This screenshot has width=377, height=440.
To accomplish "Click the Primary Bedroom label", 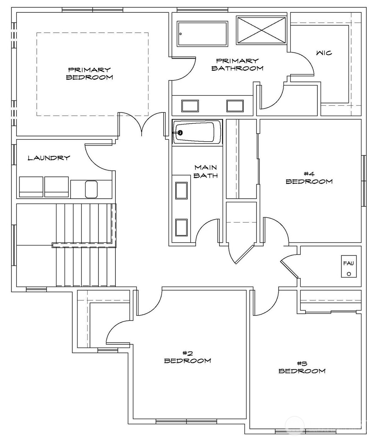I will (x=89, y=74).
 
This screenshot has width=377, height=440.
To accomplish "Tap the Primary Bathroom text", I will (x=237, y=65).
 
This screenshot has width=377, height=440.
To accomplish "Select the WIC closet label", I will (x=324, y=53).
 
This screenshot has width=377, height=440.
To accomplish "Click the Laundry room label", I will (x=49, y=158).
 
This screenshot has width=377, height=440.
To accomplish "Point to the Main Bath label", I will (x=206, y=171).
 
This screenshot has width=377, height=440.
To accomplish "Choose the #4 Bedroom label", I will (x=309, y=178).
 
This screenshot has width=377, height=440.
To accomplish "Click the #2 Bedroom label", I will (x=187, y=357).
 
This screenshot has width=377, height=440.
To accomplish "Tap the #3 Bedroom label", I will (x=302, y=367).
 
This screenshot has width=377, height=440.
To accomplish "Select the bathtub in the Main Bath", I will (x=197, y=132).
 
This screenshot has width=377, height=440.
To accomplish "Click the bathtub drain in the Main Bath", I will (x=180, y=133).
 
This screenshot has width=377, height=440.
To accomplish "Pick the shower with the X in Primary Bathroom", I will (x=261, y=30).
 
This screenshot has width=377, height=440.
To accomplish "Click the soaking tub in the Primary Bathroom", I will (x=202, y=34).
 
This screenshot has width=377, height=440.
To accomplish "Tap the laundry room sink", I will (x=91, y=189).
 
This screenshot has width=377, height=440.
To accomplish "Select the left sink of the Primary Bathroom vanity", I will (x=190, y=106).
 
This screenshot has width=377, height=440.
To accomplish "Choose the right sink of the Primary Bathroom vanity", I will (x=235, y=106).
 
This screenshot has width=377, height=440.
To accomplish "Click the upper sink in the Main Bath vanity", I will (x=181, y=190).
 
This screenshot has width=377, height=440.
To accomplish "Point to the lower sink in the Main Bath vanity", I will (x=181, y=227).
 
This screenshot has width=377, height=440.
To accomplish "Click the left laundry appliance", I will (x=31, y=187).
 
